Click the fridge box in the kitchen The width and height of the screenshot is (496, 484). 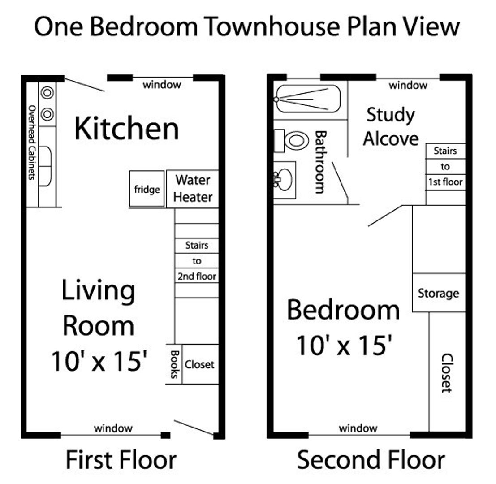(x=147, y=189)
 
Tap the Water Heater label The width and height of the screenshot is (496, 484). (x=193, y=189)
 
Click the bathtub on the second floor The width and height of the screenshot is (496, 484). (x=308, y=99)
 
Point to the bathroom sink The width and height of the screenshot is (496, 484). (x=284, y=179)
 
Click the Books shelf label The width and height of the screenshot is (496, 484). (x=174, y=364)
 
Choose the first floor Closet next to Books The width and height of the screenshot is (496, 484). (x=200, y=364)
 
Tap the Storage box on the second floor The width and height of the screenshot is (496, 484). (x=438, y=293)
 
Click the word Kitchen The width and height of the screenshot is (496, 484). (x=127, y=128)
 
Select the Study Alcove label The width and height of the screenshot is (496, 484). (x=390, y=127)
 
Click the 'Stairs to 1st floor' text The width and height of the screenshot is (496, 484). (x=445, y=167)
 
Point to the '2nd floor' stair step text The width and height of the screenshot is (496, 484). (x=197, y=276)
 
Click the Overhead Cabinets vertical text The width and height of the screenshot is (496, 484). (x=32, y=143)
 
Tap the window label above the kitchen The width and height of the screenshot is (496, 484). (x=162, y=84)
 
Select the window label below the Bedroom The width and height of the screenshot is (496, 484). (x=358, y=428)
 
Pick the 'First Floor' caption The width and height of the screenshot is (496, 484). (x=121, y=460)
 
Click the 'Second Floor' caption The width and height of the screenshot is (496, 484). (x=371, y=460)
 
